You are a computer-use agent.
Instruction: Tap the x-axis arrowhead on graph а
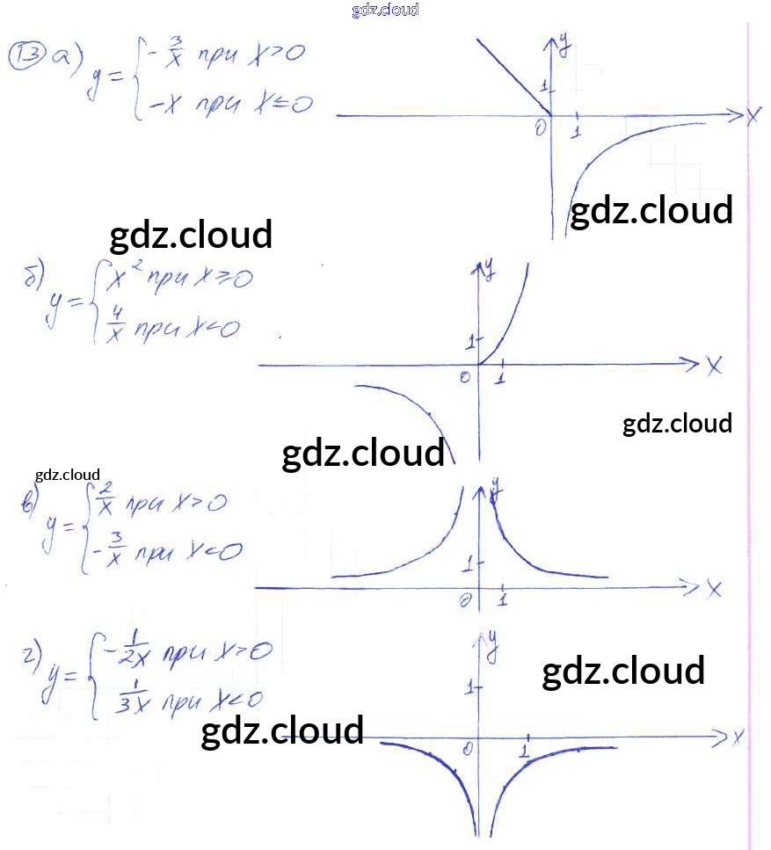[734, 114]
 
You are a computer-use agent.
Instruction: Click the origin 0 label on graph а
[540, 129]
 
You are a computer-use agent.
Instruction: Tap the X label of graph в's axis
[713, 588]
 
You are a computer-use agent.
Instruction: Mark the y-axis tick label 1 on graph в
[469, 561]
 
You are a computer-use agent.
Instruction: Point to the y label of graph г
[492, 646]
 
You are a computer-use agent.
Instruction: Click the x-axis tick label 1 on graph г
[524, 752]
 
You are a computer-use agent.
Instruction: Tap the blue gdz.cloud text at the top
[385, 10]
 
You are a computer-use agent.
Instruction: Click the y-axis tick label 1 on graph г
[469, 685]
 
